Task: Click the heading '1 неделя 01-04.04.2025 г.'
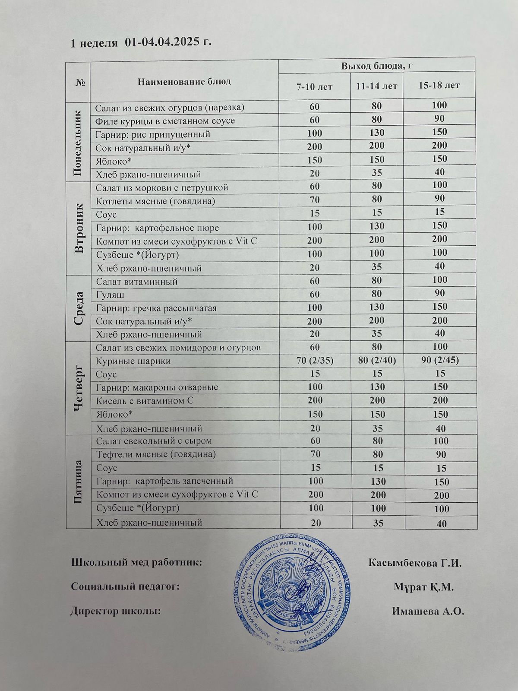tap(141, 43)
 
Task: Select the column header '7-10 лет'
tap(314, 86)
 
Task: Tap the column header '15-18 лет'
tap(439, 86)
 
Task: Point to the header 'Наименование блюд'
tap(184, 81)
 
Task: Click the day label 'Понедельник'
tap(78, 143)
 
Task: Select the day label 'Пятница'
tap(78, 482)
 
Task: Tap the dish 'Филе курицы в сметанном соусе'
tap(165, 120)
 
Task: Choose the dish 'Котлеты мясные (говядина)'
tap(155, 201)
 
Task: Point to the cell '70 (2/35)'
tap(314, 361)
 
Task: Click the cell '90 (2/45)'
tap(439, 361)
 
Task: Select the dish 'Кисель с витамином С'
tap(145, 401)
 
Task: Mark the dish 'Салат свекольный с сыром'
tap(154, 441)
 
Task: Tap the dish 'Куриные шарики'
tap(133, 361)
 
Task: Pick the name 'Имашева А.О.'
tap(428, 611)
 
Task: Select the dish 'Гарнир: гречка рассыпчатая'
tap(156, 308)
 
